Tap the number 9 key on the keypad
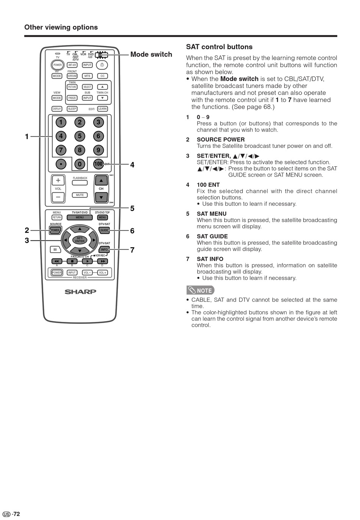[x=98, y=150]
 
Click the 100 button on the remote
[x=98, y=164]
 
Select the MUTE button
[x=80, y=195]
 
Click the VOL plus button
[x=58, y=180]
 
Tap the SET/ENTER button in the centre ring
[x=80, y=240]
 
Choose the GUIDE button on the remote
[x=104, y=230]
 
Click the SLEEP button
[x=72, y=109]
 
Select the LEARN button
[x=102, y=109]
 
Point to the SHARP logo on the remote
[x=80, y=292]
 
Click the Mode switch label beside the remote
[x=151, y=55]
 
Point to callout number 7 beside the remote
[x=132, y=250]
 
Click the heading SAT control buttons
[x=219, y=47]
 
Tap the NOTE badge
[x=200, y=290]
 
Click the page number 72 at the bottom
[x=16, y=514]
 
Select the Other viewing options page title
[x=61, y=27]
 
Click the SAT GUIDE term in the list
[x=212, y=236]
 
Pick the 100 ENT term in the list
[x=208, y=185]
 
